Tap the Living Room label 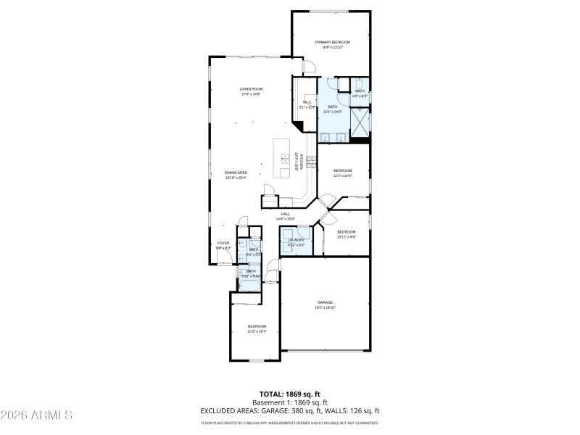click(x=251, y=91)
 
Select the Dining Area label click(x=236, y=175)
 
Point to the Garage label click(x=325, y=304)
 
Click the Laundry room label click(x=296, y=242)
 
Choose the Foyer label click(x=223, y=245)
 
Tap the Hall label click(x=285, y=216)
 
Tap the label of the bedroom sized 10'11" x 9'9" click(x=346, y=233)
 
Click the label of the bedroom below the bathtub click(x=257, y=328)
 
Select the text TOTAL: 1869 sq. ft click(x=290, y=394)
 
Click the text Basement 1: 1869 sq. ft click(x=290, y=402)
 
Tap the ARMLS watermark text click(x=36, y=415)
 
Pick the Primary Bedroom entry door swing click(x=310, y=67)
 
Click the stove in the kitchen click(x=312, y=162)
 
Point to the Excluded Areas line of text click(x=290, y=410)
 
